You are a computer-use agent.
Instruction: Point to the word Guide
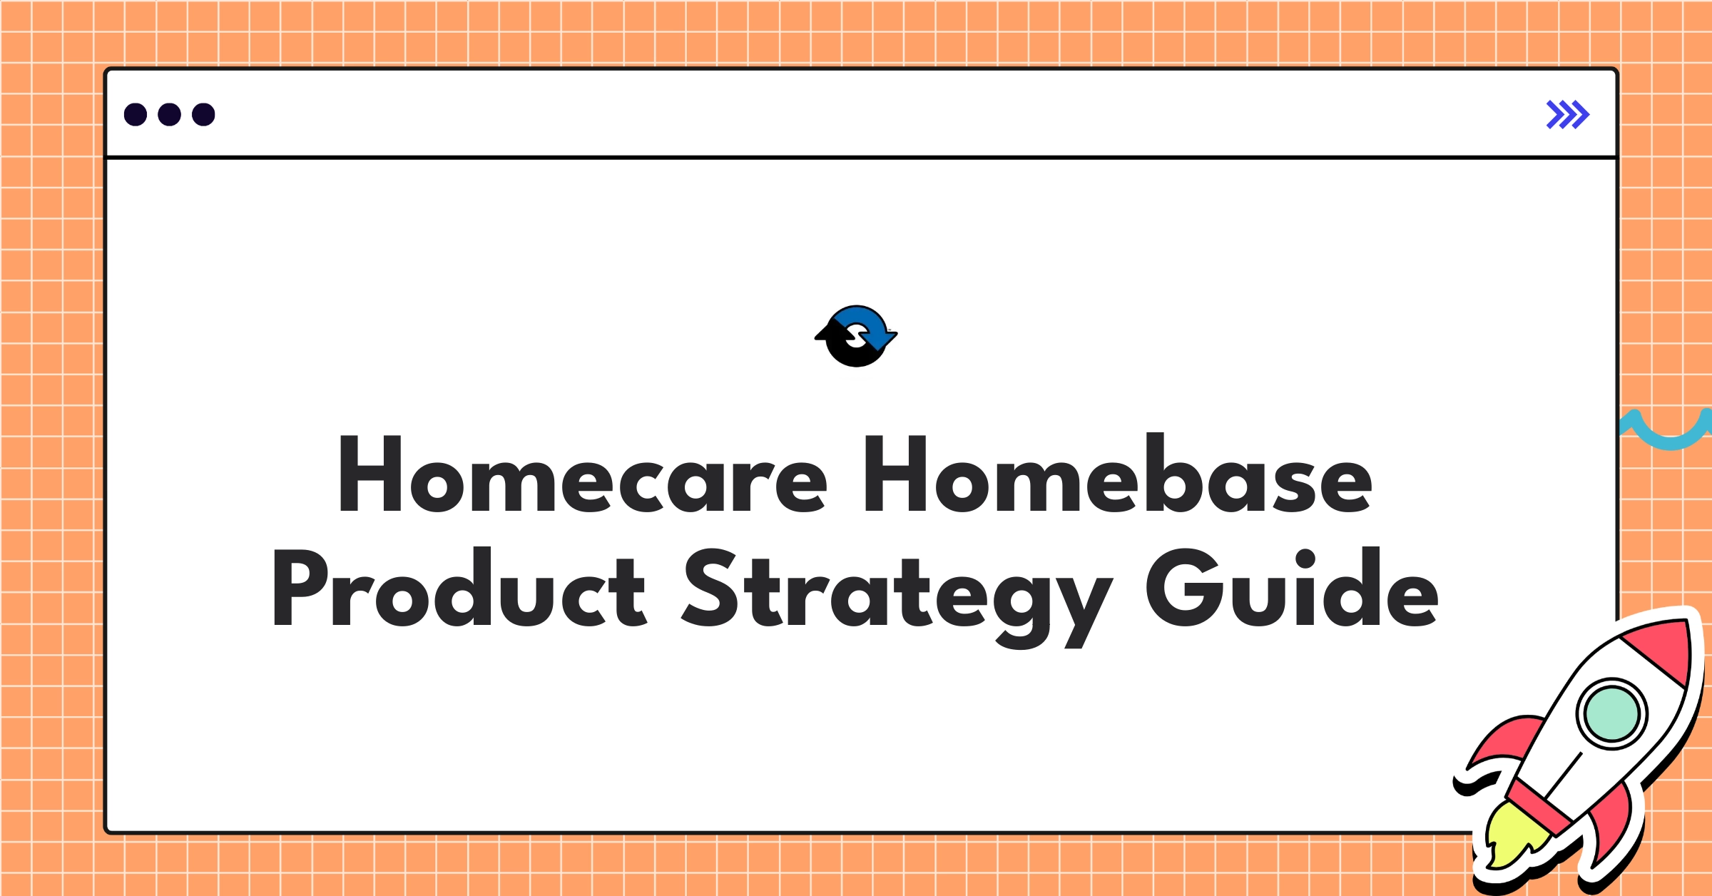(1291, 589)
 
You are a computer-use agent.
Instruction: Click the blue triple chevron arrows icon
(1567, 115)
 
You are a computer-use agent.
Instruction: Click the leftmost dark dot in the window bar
(136, 115)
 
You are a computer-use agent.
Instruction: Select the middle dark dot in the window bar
(169, 115)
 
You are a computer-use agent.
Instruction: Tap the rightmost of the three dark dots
(203, 115)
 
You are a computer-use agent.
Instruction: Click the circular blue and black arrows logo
(856, 336)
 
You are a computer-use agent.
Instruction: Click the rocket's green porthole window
(1611, 714)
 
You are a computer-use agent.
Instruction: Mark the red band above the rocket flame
(1541, 806)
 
